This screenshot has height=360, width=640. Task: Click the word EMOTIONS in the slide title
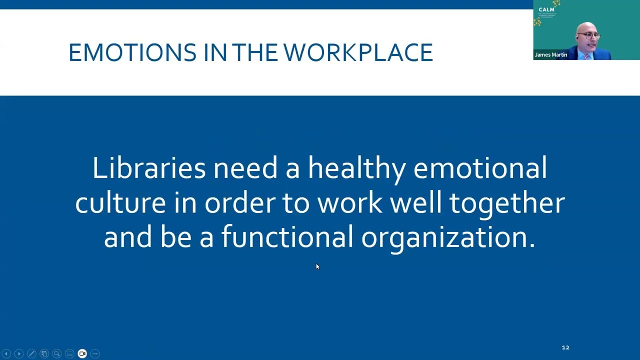(132, 52)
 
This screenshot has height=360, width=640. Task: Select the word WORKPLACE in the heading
(358, 52)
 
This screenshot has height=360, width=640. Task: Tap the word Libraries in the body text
(148, 168)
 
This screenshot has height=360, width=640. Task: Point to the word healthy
(356, 168)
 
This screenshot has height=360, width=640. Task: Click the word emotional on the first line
(479, 168)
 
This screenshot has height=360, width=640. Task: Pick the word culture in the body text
(120, 202)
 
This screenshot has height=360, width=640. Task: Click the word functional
(287, 237)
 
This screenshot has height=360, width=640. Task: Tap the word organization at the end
(448, 237)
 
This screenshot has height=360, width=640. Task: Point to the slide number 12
(565, 347)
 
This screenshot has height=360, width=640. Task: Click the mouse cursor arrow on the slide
(317, 267)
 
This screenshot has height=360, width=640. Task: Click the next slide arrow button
(19, 353)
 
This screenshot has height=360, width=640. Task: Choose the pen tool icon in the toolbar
(31, 353)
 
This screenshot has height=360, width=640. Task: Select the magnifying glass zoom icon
(57, 353)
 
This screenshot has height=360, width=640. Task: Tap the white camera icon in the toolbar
(82, 353)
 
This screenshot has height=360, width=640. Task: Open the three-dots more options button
(95, 353)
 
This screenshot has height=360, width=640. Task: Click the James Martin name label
(550, 55)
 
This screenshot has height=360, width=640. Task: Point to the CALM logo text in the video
(546, 9)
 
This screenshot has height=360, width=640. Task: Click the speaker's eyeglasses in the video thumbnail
(590, 36)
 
